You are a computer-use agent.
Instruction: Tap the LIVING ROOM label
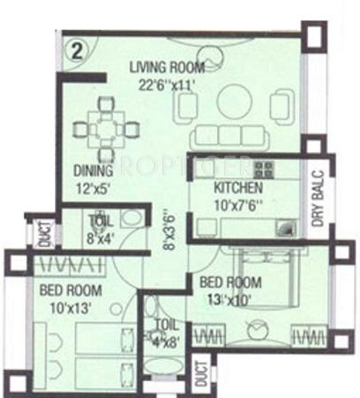[167, 67]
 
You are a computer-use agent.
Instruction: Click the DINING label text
[95, 170]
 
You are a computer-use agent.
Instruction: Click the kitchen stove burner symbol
[263, 168]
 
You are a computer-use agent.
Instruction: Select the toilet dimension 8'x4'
[99, 236]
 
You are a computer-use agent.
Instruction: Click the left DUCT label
[45, 233]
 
